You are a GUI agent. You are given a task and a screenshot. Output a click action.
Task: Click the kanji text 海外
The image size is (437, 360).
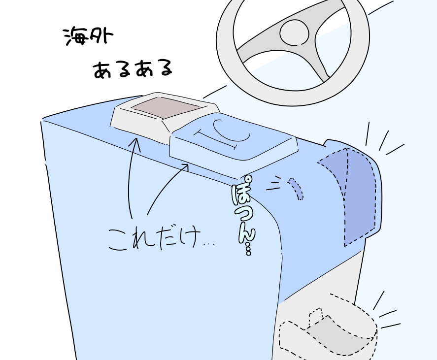[88, 36]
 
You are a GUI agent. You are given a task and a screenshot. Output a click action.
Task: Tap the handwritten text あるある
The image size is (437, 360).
[133, 69]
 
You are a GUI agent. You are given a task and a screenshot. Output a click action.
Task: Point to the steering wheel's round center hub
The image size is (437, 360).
[294, 33]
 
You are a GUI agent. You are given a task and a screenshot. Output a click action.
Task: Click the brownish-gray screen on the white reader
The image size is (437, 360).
[165, 107]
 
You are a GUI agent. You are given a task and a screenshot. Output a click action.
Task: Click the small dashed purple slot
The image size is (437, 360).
[296, 188]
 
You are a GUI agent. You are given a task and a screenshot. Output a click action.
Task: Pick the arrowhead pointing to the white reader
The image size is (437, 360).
[136, 142]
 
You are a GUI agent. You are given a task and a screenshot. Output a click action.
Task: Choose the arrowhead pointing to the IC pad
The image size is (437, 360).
[186, 166]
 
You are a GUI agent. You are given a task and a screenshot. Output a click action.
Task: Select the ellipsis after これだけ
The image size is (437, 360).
[209, 244]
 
